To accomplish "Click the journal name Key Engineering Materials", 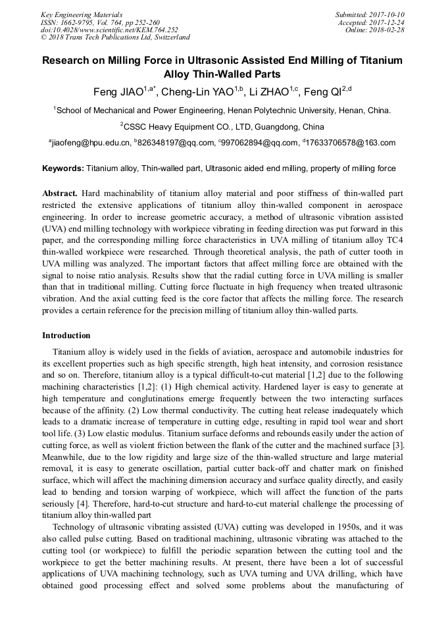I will (81, 14).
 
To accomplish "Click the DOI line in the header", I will (109, 30).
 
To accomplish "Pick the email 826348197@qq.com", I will (176, 143).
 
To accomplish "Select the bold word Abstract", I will (60, 193).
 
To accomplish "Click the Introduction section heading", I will (66, 336).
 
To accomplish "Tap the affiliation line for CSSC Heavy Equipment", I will (222, 126).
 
